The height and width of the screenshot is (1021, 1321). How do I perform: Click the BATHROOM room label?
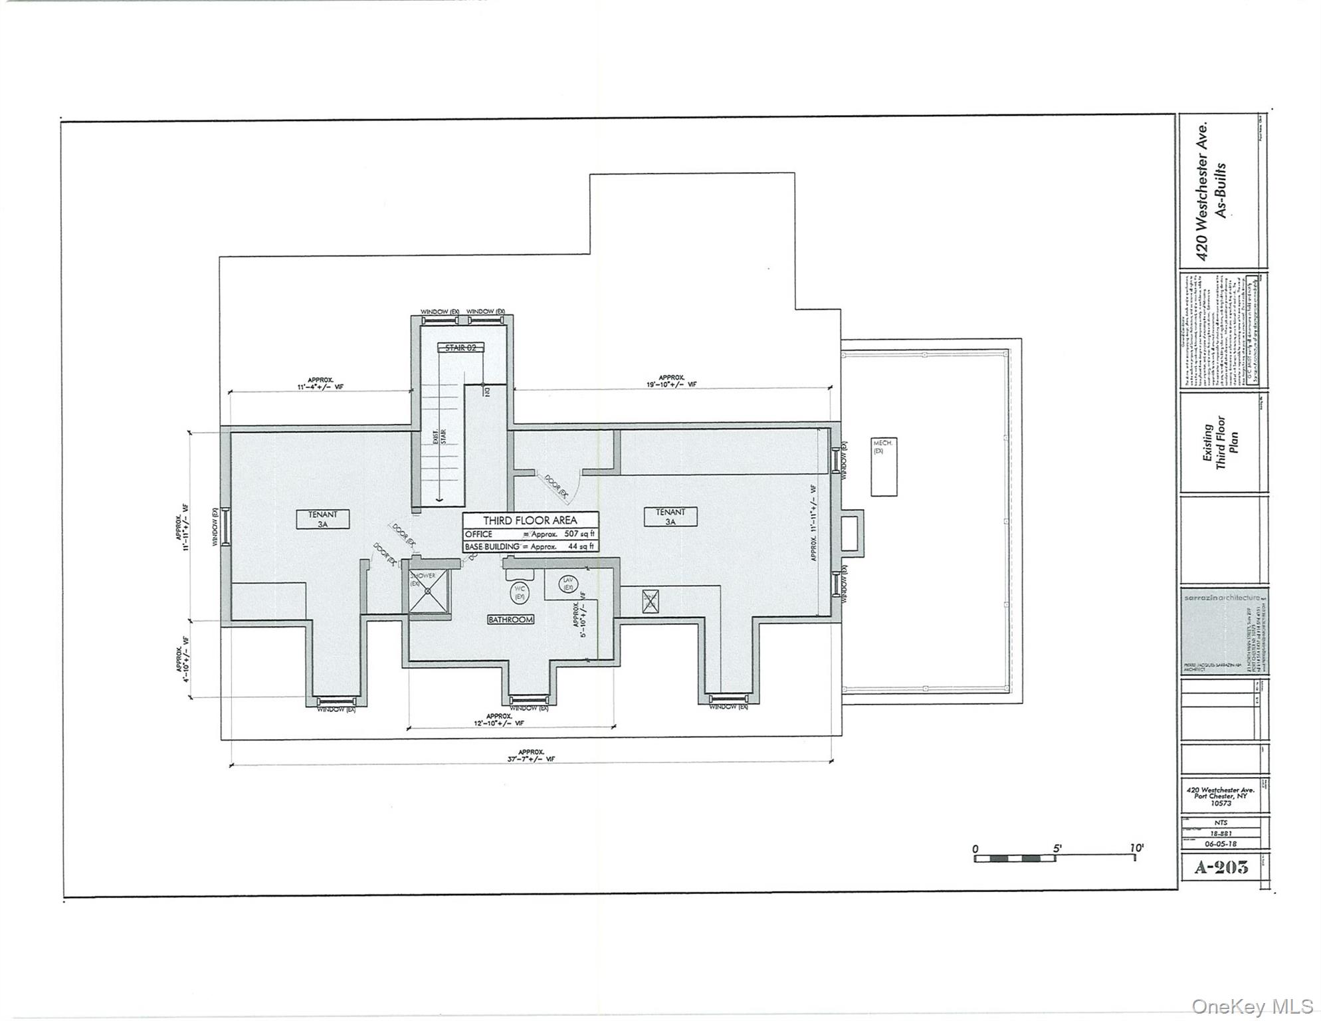tap(510, 620)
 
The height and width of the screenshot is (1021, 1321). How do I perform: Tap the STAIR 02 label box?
tap(460, 347)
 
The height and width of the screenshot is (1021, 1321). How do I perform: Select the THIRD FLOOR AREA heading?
tap(530, 520)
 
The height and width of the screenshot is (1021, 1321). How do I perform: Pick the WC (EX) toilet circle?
tap(520, 592)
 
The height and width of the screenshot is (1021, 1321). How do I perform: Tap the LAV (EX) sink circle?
tap(568, 584)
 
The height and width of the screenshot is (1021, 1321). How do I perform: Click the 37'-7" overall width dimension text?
tap(531, 758)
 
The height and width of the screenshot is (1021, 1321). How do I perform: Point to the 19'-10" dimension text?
tap(671, 384)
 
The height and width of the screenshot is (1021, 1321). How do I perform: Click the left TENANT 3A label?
tap(322, 519)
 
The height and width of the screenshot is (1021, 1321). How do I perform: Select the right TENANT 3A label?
tap(670, 516)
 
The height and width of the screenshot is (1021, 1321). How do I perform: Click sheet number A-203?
tap(1221, 867)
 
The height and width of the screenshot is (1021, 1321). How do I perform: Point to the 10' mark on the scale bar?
tap(1137, 849)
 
